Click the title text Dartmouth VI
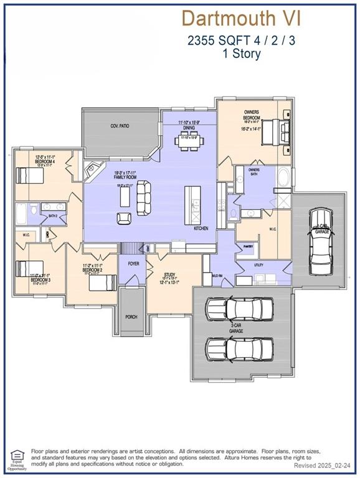pyautogui.click(x=241, y=18)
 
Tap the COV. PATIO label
pyautogui.click(x=120, y=126)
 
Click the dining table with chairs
pyautogui.click(x=189, y=142)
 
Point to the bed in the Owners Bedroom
pyautogui.click(x=275, y=133)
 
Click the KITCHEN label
pyautogui.click(x=201, y=228)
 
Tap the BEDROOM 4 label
pyautogui.click(x=45, y=161)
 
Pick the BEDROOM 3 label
pyautogui.click(x=41, y=280)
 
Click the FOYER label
pyautogui.click(x=133, y=263)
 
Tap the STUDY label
pyautogui.click(x=169, y=274)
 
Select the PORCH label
pyautogui.click(x=131, y=317)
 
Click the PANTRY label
pyautogui.click(x=248, y=246)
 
